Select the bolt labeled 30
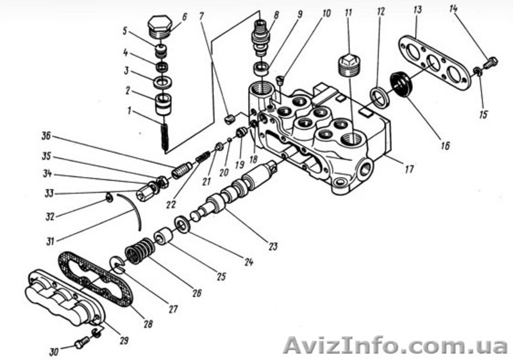pyautogui.click(x=81, y=344)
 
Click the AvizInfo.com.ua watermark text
pyautogui.click(x=395, y=344)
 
